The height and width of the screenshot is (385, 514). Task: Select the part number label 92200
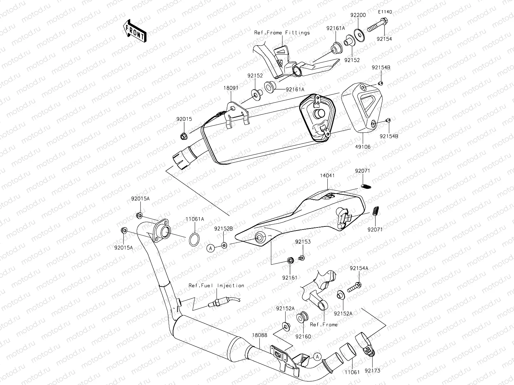358,16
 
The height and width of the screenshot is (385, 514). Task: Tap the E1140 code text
385,12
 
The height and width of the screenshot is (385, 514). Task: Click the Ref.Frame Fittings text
282,33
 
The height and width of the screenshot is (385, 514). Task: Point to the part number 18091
231,88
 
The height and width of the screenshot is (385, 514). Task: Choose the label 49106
363,147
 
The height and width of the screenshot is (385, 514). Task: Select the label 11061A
195,219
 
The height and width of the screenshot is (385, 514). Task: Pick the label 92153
303,242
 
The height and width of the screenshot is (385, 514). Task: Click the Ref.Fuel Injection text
217,286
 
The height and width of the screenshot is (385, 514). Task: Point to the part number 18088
260,335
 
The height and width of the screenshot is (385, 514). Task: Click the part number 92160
303,336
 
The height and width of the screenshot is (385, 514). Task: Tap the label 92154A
359,268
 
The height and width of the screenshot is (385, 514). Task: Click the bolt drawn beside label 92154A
354,287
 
